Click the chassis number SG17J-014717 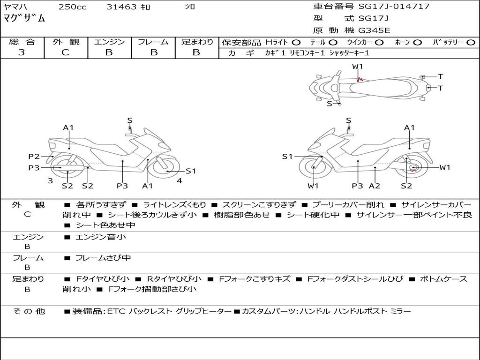(394, 6)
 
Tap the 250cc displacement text (73, 7)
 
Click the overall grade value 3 (22, 52)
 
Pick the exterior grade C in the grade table (65, 52)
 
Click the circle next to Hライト (296, 43)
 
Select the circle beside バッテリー (471, 43)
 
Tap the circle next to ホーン (418, 43)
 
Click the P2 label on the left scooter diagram (34, 157)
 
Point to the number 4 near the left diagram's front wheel (180, 180)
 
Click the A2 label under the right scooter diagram (375, 186)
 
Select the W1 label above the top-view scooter (357, 67)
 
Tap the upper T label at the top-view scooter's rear (441, 76)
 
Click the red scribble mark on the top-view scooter (360, 79)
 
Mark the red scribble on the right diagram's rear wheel (413, 169)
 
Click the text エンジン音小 (101, 237)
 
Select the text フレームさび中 (103, 258)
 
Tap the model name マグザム (24, 18)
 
